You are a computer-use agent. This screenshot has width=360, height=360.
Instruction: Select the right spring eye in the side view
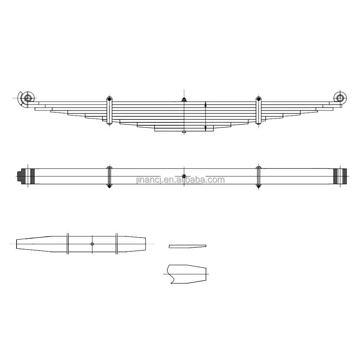tap(339, 97)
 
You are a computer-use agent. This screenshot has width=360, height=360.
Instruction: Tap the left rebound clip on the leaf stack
tap(109, 111)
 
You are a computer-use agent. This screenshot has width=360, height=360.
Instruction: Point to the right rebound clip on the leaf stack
tap(258, 111)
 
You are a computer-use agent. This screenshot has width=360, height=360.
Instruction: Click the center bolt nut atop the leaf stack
tap(184, 100)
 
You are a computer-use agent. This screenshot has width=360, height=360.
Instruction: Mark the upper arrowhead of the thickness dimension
tap(205, 104)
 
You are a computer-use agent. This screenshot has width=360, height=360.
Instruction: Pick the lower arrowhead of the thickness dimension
tap(205, 128)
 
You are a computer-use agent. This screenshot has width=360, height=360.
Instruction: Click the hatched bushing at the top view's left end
tap(28, 176)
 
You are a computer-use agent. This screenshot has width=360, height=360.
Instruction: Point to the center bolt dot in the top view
tap(184, 176)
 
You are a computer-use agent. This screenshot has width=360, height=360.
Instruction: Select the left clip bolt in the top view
tap(109, 176)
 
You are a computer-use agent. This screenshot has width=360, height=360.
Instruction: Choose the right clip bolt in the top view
tap(258, 176)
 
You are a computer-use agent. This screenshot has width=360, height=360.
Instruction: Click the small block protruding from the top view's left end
tap(19, 176)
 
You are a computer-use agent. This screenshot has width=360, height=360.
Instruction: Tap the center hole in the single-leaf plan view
tap(93, 244)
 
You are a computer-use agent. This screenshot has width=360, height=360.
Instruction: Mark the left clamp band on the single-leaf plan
tap(68, 244)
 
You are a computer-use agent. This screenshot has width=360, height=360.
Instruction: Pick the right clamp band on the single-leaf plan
tap(117, 244)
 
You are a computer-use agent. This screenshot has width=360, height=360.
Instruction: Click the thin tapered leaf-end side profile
tap(187, 246)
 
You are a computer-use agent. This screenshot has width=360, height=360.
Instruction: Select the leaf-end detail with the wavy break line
tap(187, 274)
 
